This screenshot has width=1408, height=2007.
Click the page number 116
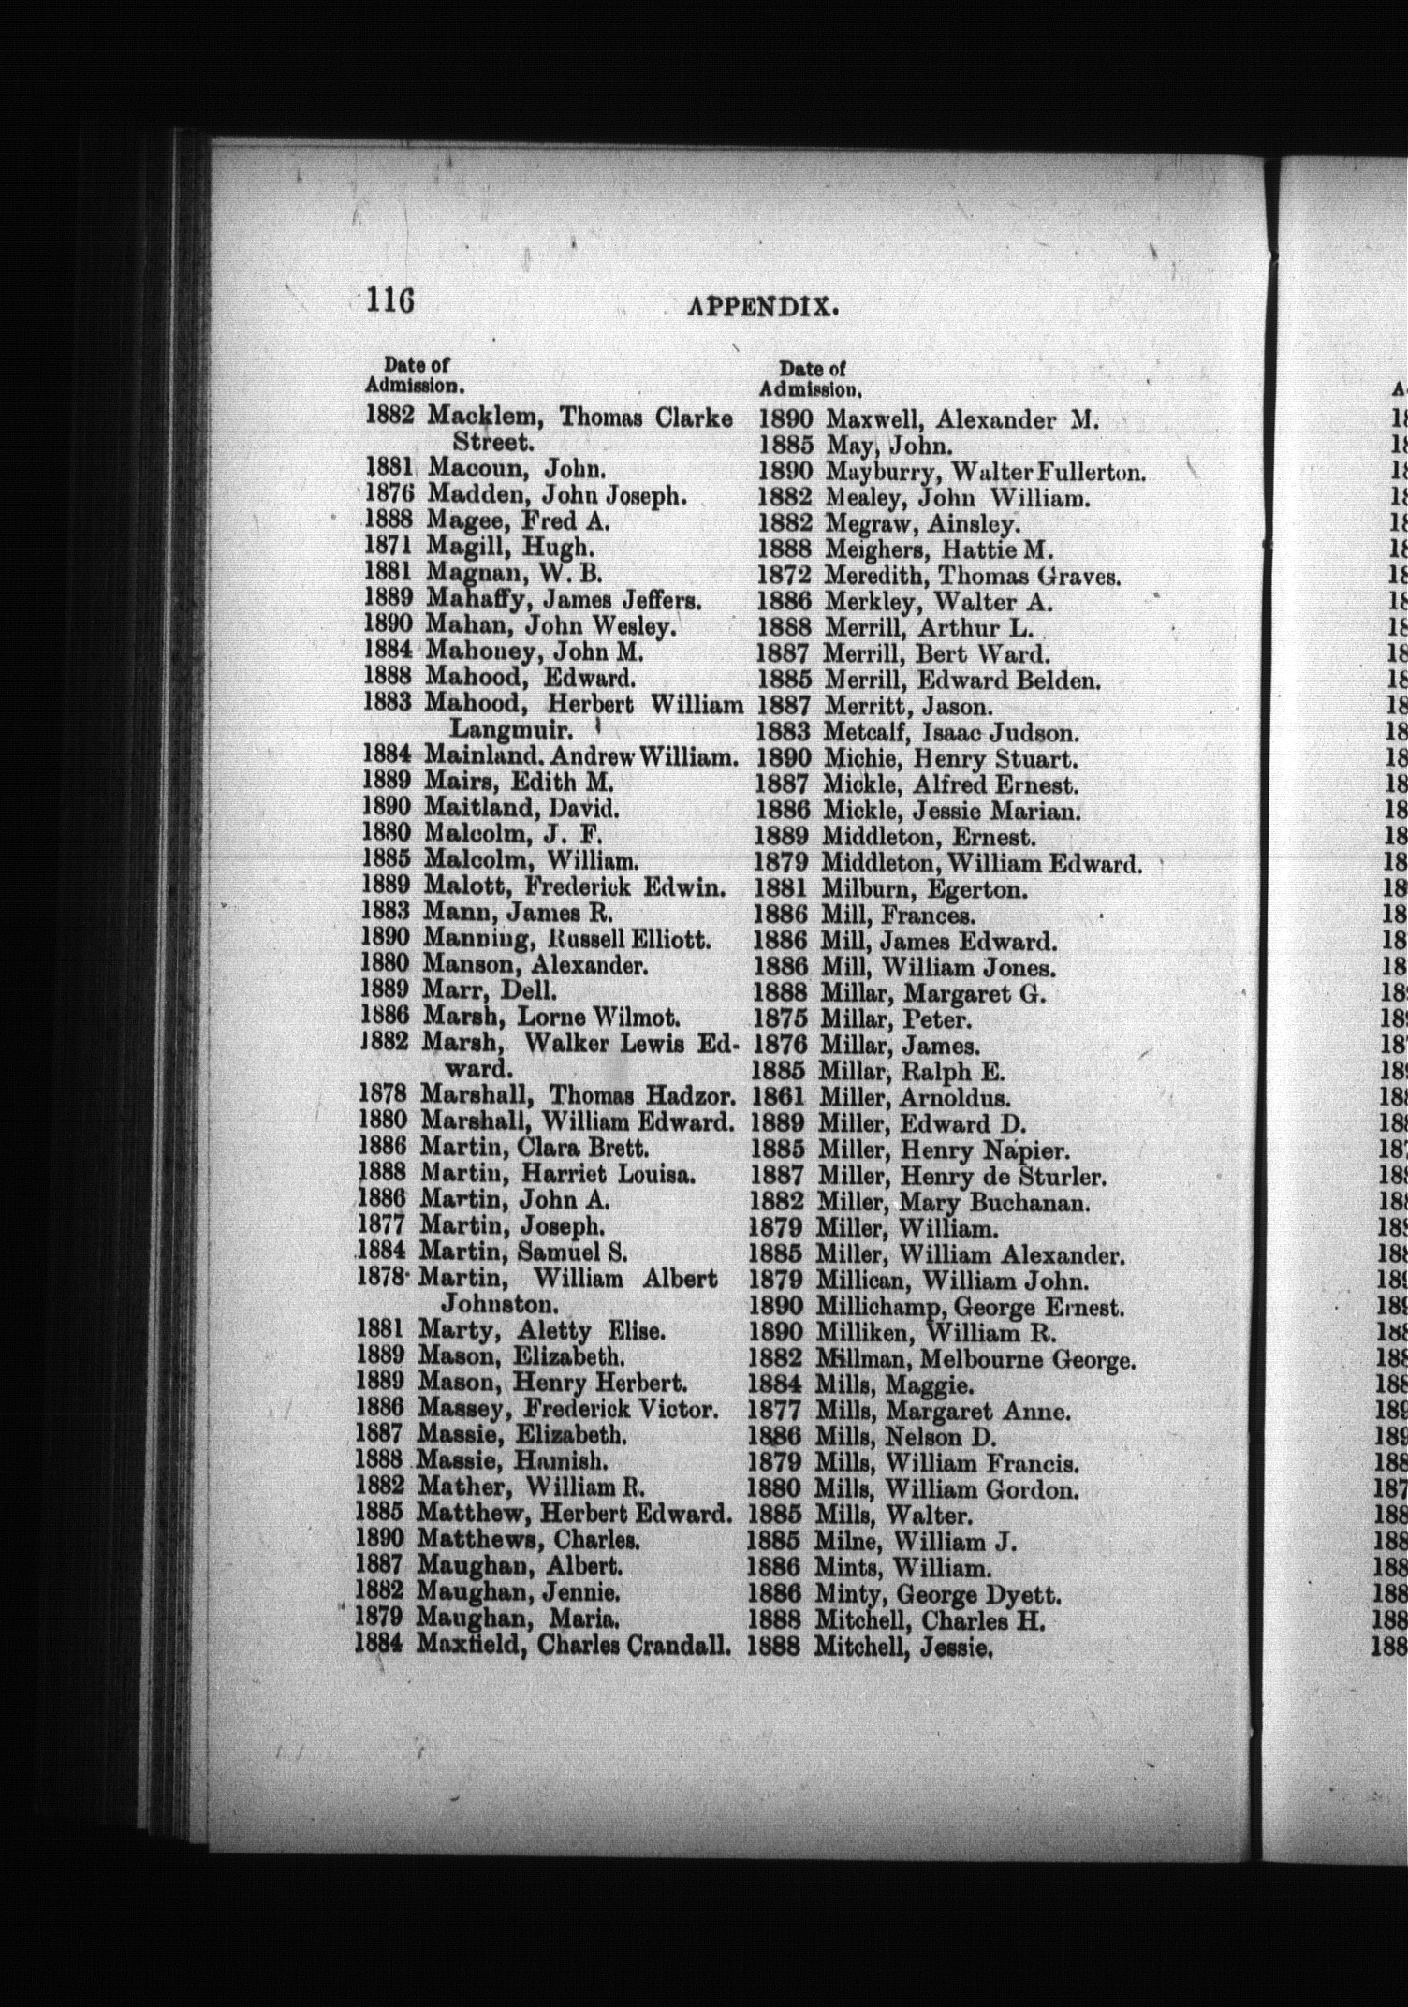pyautogui.click(x=389, y=301)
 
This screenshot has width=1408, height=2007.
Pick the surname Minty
pyautogui.click(x=847, y=1593)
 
